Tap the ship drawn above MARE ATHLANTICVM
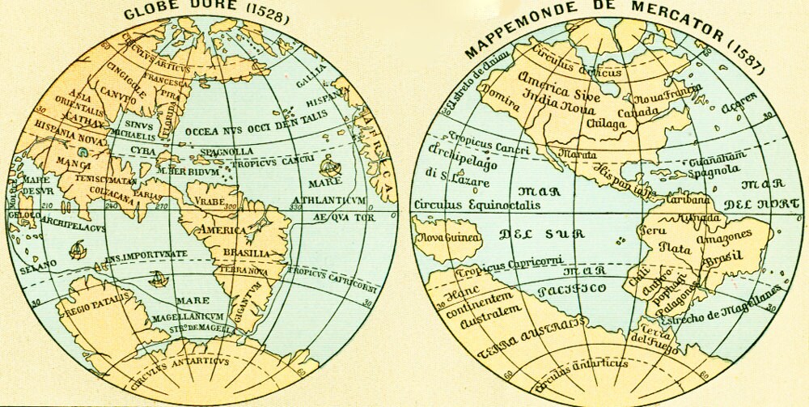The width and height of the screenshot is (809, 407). click(328, 168)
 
